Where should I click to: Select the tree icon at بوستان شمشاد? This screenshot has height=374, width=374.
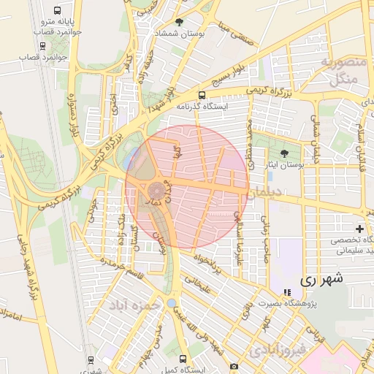point(179,23)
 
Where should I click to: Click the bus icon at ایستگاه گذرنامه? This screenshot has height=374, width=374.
point(202,94)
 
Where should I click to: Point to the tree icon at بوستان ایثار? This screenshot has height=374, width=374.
point(284,153)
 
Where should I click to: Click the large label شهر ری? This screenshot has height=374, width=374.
point(321,279)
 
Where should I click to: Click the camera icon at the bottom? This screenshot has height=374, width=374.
point(233,366)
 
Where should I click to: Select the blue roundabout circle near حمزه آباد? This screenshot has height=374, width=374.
point(171,302)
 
